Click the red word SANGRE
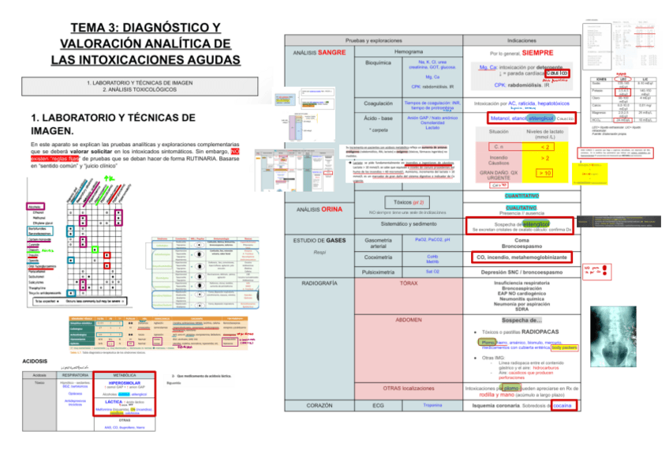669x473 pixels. [331, 52]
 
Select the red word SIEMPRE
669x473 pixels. [537, 52]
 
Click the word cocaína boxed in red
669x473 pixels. [562, 405]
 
